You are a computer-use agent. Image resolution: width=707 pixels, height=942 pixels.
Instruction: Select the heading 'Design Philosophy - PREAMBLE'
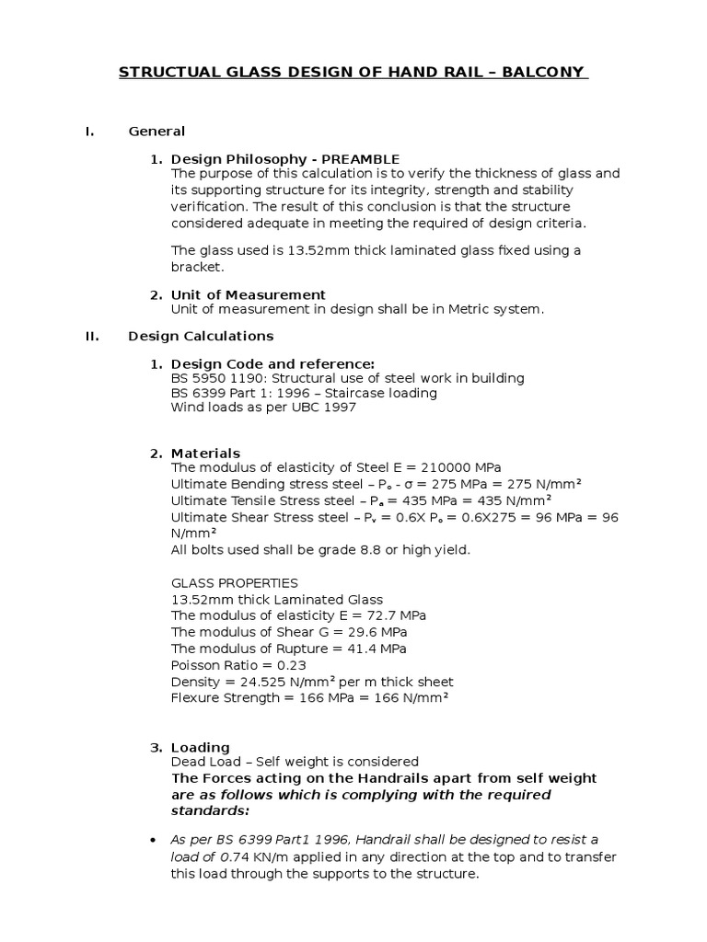coord(285,159)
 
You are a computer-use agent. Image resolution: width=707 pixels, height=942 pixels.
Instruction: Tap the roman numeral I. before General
coord(89,132)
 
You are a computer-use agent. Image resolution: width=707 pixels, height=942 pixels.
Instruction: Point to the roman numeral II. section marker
coord(92,336)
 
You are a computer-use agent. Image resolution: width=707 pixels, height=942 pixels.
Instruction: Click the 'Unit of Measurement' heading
coord(249,294)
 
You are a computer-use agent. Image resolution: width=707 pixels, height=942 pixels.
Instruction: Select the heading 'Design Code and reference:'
coord(272,364)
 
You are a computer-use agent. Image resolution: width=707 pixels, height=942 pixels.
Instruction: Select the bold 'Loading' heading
coord(200,747)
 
